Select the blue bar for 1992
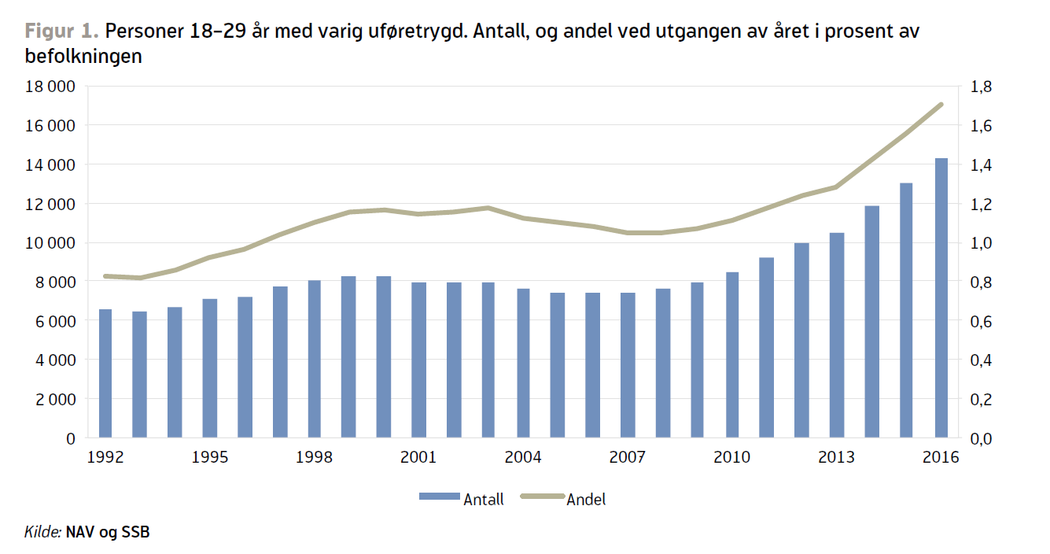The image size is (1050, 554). coord(105,373)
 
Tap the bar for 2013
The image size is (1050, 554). coord(836,334)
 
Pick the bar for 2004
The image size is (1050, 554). coord(523,363)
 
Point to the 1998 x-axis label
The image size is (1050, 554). coord(314,458)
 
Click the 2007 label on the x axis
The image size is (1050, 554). coord(628,458)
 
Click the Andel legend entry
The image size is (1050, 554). coord(586,499)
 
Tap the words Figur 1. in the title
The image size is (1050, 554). coord(61,31)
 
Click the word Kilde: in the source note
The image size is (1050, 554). coord(42,533)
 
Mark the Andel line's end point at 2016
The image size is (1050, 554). coord(941,104)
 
